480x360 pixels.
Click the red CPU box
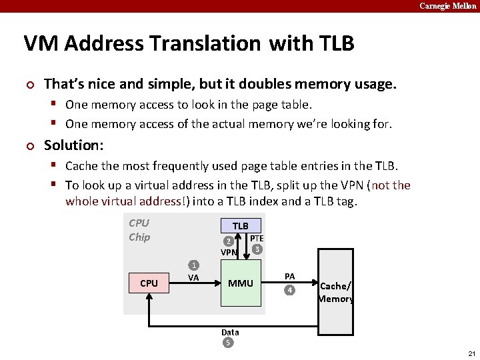point(149,283)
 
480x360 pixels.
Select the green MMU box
point(241,283)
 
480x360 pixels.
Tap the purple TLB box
point(241,226)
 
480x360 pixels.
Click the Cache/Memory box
point(336,292)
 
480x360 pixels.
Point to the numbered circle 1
point(193,265)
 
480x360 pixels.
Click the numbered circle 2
point(228,241)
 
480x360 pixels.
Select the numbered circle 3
point(257,249)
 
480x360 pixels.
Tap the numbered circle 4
point(289,290)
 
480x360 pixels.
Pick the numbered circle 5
point(228,343)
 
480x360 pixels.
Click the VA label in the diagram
point(193,277)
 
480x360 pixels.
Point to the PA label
point(289,276)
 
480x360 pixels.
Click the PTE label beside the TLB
point(257,238)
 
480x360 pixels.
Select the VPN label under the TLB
point(229,253)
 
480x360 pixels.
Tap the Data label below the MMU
point(230,332)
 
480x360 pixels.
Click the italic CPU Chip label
point(139,230)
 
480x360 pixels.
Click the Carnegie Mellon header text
point(448,6)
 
